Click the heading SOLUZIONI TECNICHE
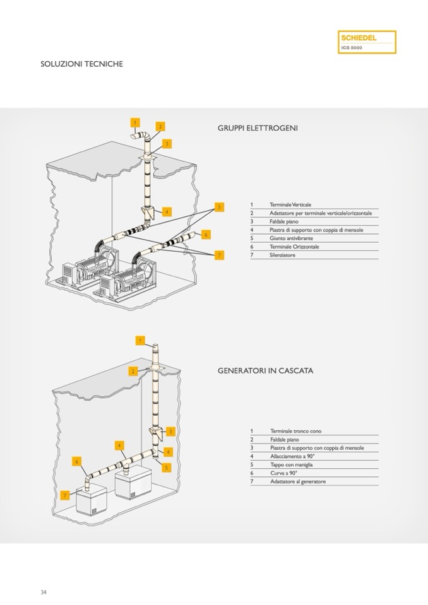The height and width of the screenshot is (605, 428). (81, 64)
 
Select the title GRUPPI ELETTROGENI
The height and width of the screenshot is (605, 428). (258, 128)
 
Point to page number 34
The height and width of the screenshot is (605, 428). (44, 592)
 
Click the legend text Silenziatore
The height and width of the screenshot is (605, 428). (282, 255)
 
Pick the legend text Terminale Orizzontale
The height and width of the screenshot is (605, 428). (294, 247)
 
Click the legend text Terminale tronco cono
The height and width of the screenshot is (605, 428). (295, 431)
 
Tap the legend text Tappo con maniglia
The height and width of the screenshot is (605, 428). (291, 464)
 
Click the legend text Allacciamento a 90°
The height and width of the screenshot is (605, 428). (292, 456)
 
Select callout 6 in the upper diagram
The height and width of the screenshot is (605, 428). (206, 234)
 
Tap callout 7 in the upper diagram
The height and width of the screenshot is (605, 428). (219, 255)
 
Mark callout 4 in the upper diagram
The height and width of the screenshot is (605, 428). (167, 212)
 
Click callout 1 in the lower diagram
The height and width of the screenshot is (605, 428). (140, 341)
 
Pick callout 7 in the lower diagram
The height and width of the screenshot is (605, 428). (65, 496)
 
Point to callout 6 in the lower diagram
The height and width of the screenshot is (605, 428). (77, 462)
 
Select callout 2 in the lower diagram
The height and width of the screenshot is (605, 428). (133, 371)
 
